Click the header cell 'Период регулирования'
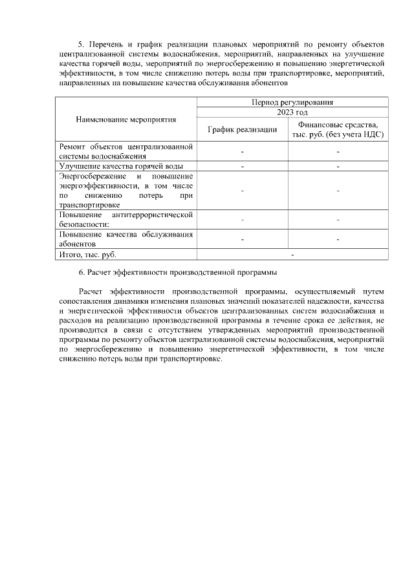(292, 102)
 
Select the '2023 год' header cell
(292, 112)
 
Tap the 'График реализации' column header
(242, 129)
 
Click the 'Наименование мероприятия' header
(126, 120)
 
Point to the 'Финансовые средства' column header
(338, 129)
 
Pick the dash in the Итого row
(292, 255)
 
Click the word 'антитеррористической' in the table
(153, 215)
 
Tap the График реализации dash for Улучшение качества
(242, 166)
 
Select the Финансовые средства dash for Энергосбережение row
(338, 191)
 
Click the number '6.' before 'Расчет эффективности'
(82, 272)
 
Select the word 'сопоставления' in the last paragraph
(85, 302)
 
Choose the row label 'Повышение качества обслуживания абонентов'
(126, 239)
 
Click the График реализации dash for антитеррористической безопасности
(242, 220)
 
